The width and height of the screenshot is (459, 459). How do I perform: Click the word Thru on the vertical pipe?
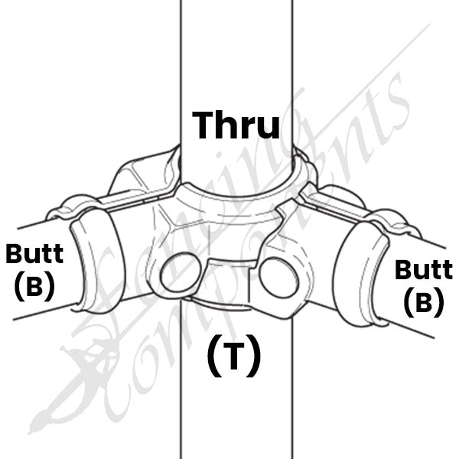(x=236, y=125)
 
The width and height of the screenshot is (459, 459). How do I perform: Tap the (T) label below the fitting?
(x=233, y=356)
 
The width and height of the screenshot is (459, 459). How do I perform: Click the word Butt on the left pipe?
(x=34, y=253)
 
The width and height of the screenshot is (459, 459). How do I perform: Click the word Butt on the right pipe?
(x=424, y=269)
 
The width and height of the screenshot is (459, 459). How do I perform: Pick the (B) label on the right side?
(x=424, y=302)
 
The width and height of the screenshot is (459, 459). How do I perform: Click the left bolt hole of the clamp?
(x=181, y=272)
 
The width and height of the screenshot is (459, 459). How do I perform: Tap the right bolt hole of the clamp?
(x=278, y=278)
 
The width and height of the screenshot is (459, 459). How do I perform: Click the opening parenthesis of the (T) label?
(x=213, y=356)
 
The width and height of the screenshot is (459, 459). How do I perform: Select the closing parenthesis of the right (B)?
(x=439, y=302)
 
